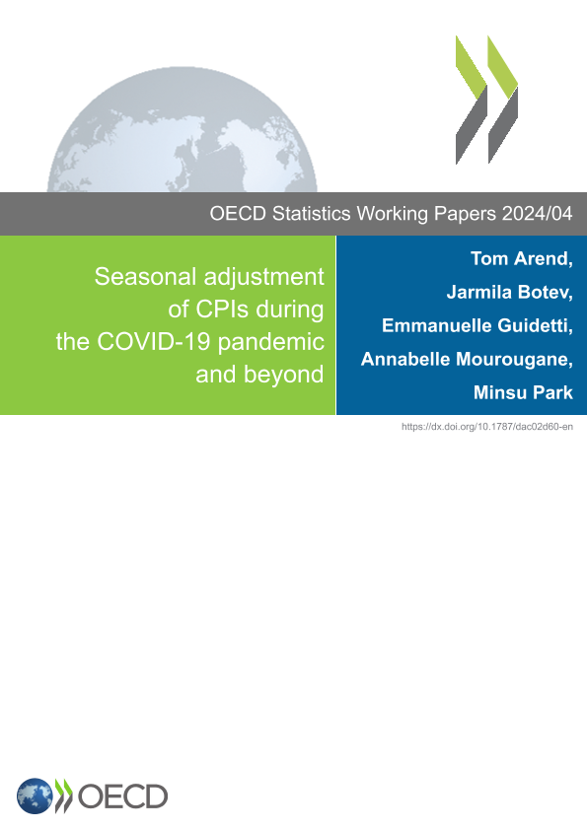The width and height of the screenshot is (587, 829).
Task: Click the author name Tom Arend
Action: (519, 258)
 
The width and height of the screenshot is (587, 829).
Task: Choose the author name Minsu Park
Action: (523, 392)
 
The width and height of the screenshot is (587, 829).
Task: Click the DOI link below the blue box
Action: (487, 427)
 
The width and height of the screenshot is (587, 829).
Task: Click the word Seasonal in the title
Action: (146, 277)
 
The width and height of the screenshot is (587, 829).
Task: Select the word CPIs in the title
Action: (223, 310)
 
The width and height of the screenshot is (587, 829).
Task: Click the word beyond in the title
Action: (284, 376)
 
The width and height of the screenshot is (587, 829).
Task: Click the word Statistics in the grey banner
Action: (311, 214)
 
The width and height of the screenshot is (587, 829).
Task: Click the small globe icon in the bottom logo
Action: (35, 796)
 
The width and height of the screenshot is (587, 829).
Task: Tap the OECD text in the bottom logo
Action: (122, 796)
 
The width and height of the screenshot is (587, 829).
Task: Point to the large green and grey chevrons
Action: (487, 100)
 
